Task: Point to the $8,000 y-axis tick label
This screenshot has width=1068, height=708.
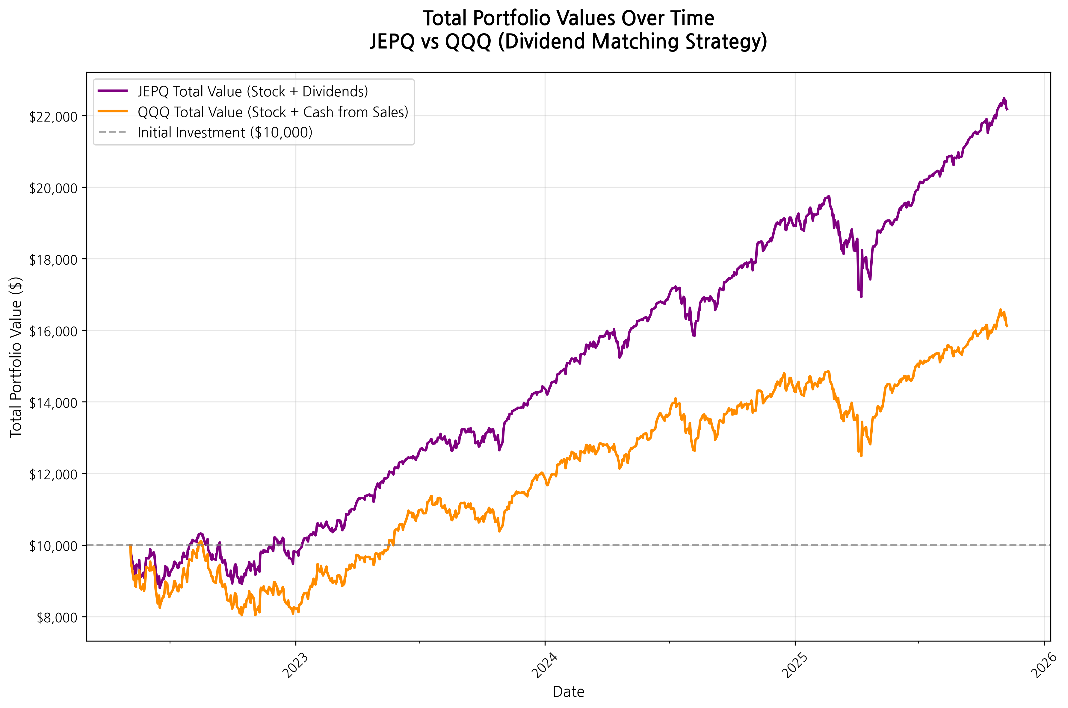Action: (x=57, y=618)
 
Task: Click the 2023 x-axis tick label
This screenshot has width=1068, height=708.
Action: (x=295, y=665)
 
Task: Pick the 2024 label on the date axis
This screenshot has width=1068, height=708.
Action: (x=544, y=665)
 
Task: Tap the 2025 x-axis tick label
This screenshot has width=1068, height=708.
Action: (x=795, y=665)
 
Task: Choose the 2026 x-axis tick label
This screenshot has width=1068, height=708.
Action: (x=1044, y=665)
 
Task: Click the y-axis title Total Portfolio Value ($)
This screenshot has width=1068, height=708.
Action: (x=16, y=357)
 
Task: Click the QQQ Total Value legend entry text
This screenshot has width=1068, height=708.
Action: (x=272, y=112)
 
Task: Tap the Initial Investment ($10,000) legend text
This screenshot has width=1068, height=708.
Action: (x=224, y=133)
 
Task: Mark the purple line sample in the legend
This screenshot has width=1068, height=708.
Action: (x=113, y=91)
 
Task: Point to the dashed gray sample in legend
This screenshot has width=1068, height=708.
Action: (x=113, y=132)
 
